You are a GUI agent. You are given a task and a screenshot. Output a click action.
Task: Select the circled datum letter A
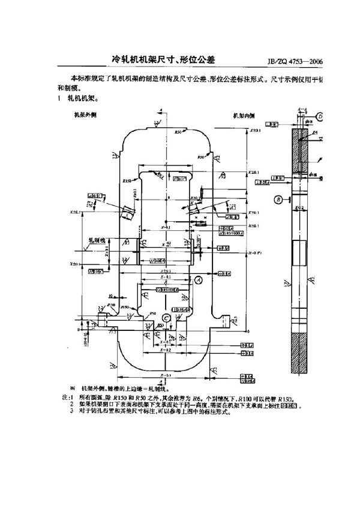coord(199,279)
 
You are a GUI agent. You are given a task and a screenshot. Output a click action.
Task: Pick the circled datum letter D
coord(320,116)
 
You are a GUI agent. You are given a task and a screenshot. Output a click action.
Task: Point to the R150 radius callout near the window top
coord(127,179)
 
